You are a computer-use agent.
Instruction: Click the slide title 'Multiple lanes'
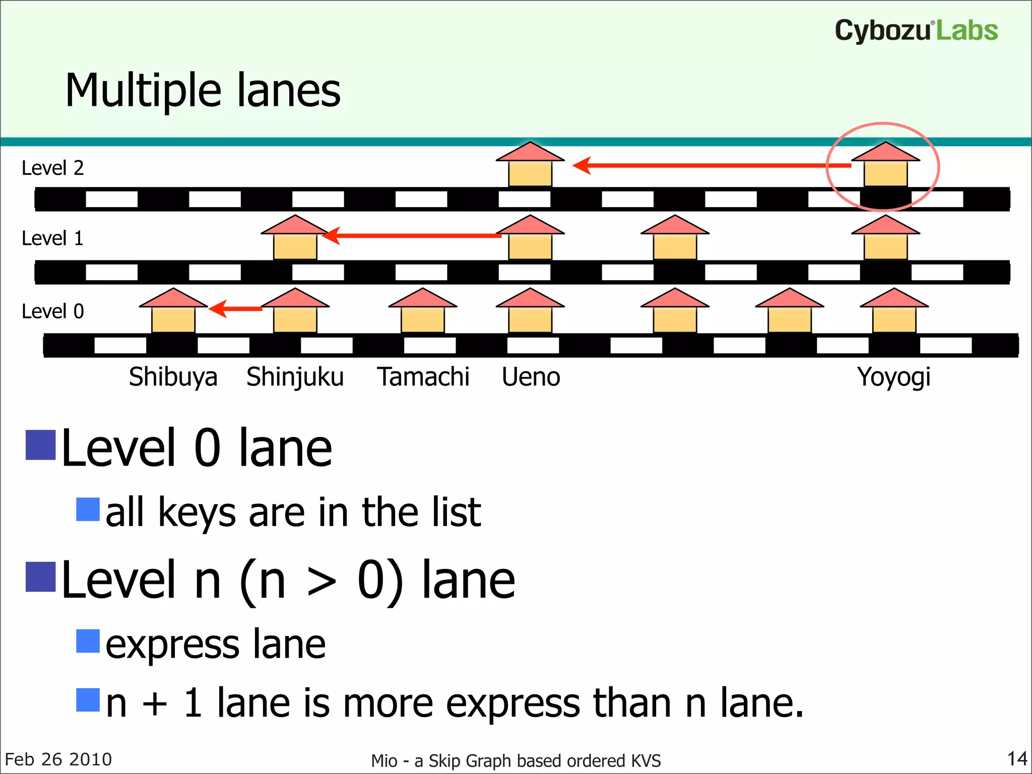coord(203,91)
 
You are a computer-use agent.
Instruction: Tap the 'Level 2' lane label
coord(52,168)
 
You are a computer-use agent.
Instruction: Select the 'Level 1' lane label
coord(52,238)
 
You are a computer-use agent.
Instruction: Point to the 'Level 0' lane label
coord(52,311)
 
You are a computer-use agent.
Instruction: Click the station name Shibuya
coord(173,377)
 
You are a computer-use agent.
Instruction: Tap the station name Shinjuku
coord(295,377)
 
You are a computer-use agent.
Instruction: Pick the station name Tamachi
coord(423,377)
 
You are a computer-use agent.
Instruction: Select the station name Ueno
coord(531,377)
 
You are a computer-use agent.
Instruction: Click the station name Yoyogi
coord(893,377)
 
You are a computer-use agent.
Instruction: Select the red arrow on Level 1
coord(411,235)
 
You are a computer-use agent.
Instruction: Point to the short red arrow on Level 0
coord(235,308)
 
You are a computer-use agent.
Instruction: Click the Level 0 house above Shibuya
coord(173,311)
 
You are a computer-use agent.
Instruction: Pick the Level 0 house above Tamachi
coord(423,311)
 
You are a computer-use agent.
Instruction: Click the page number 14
coord(1016,758)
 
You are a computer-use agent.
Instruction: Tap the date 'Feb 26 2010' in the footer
coord(58,759)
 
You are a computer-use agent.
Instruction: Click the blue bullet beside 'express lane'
coord(88,641)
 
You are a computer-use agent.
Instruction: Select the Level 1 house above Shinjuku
coord(295,238)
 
